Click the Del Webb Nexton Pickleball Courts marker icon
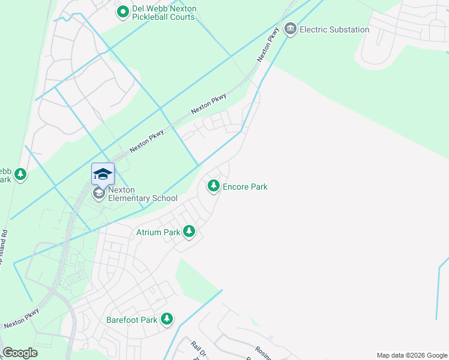123,11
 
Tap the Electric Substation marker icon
291,29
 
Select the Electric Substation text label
334,29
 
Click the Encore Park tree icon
213,187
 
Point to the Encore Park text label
245,187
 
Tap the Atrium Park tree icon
189,232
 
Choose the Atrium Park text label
158,232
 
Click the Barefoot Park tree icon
167,319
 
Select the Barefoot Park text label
132,320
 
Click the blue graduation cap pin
103,174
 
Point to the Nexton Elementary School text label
143,194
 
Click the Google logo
20,353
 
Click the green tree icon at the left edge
21,175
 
